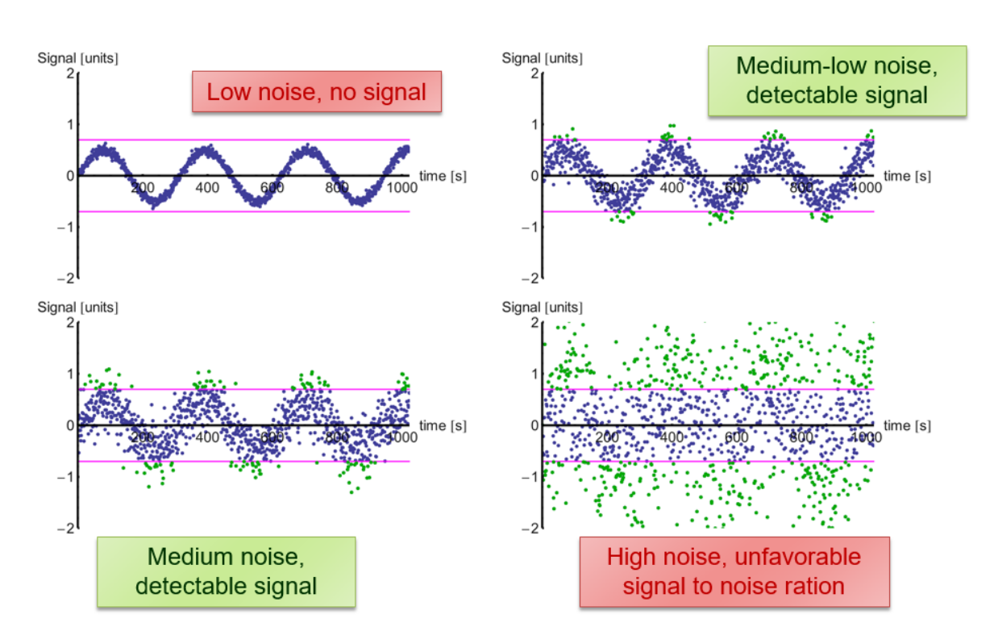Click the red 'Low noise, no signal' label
click(316, 91)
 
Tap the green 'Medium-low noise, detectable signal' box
click(836, 80)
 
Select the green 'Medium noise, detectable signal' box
click(226, 571)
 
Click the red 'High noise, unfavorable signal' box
click(734, 571)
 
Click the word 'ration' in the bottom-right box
click(813, 586)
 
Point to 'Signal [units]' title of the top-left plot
click(78, 59)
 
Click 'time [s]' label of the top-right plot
click(907, 175)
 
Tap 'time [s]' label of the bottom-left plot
click(443, 425)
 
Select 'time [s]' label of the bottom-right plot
click(907, 425)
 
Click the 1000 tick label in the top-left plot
click(401, 187)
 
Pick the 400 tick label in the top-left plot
click(207, 187)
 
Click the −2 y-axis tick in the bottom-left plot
click(67, 528)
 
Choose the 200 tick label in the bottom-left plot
click(143, 437)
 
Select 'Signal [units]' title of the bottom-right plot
click(543, 307)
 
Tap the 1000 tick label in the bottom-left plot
click(401, 437)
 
